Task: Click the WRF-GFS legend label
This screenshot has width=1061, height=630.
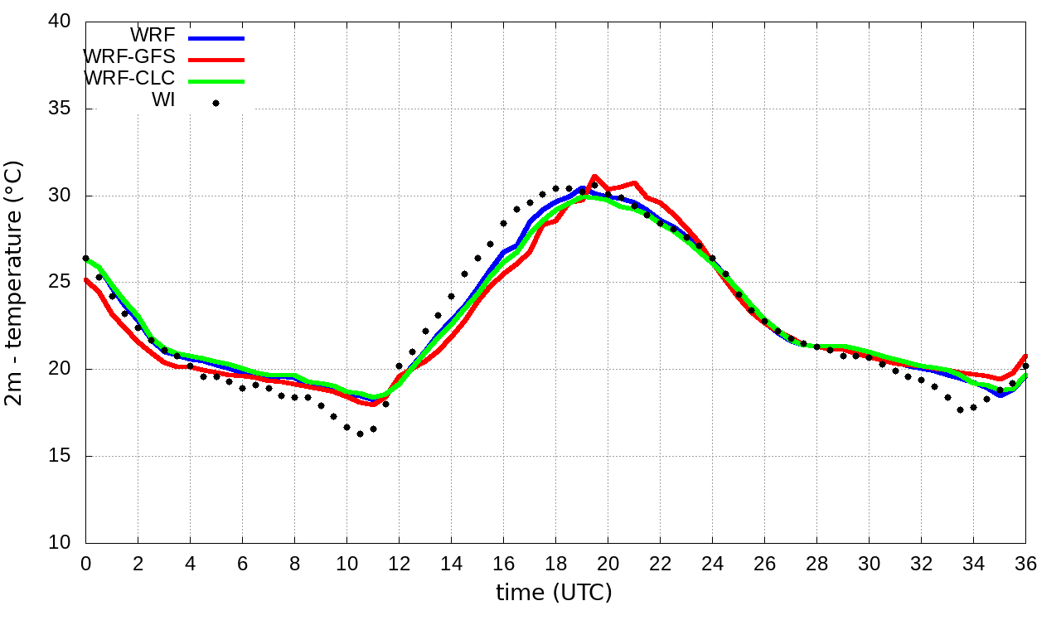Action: click(x=129, y=57)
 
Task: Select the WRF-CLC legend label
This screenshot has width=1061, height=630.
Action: click(x=129, y=79)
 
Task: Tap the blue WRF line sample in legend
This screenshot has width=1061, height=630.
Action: click(x=216, y=38)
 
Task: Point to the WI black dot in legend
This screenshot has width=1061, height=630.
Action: click(x=216, y=103)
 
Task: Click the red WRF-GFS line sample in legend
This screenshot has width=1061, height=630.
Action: click(x=216, y=60)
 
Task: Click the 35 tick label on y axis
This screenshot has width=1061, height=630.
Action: click(x=60, y=109)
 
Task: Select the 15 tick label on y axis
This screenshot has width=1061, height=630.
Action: click(x=60, y=456)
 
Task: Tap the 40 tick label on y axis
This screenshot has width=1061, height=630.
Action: click(x=60, y=22)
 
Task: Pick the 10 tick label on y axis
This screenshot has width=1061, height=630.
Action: click(x=60, y=542)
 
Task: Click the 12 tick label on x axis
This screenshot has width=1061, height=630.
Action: click(x=399, y=564)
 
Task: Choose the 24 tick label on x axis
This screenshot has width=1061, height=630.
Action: click(x=712, y=564)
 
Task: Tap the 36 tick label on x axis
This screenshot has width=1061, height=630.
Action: click(x=1025, y=564)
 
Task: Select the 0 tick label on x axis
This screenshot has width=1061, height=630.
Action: click(x=85, y=564)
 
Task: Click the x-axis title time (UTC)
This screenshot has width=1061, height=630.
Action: click(x=554, y=593)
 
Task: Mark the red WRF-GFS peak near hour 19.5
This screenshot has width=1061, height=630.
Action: click(x=594, y=177)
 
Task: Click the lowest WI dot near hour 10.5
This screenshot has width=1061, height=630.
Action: click(x=360, y=434)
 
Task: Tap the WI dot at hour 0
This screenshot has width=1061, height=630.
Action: click(x=85, y=259)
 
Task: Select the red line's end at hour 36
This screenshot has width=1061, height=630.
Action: click(x=1025, y=356)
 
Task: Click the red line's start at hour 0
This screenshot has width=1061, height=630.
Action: click(x=86, y=279)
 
